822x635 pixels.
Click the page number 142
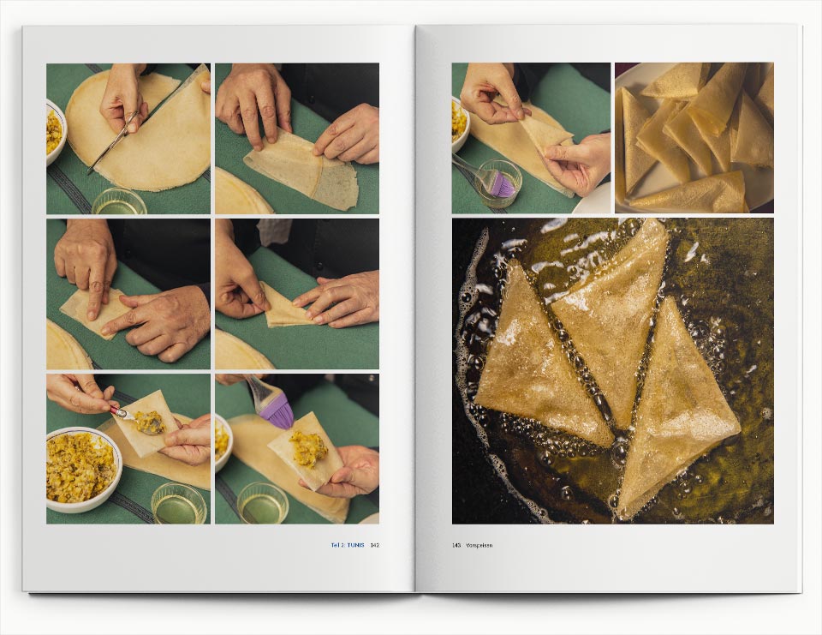click(x=374, y=545)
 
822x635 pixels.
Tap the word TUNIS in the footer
click(x=355, y=545)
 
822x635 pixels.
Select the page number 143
click(x=456, y=545)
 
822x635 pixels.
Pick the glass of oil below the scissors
click(x=120, y=201)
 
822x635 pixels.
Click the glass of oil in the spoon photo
click(x=179, y=504)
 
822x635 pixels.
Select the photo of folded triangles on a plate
click(x=694, y=138)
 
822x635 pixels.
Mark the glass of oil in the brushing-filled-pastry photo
click(x=263, y=502)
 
